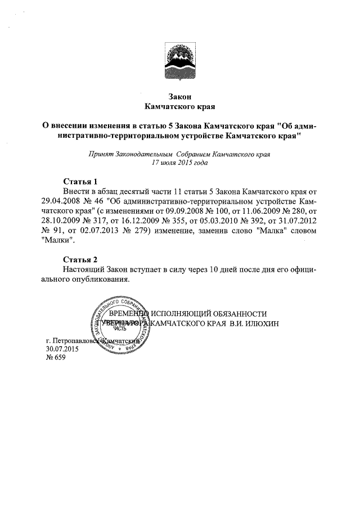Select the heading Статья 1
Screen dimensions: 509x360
[x=79, y=182]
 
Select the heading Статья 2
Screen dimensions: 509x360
[x=79, y=259]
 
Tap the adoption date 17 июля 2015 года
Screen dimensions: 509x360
[x=180, y=163]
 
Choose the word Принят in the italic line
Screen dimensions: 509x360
[x=100, y=154]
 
